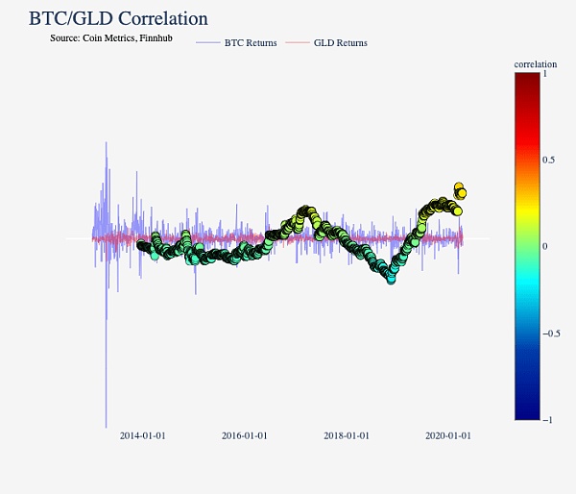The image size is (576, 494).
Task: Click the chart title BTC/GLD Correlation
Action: tap(118, 18)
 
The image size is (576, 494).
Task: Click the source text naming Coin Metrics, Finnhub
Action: tap(110, 37)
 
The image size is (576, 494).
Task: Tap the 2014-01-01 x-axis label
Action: tap(142, 435)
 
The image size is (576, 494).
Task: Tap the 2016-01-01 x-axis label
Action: tap(244, 435)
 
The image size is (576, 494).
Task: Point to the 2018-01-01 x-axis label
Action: tap(346, 435)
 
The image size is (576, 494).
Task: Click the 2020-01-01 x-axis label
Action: tap(447, 435)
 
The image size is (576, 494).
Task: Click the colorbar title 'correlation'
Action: tap(535, 64)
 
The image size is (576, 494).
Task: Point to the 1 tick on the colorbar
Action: tap(545, 73)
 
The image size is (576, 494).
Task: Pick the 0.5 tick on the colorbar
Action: tap(549, 160)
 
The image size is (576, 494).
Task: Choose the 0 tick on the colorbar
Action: tap(545, 246)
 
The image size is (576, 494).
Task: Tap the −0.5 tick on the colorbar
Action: tap(552, 333)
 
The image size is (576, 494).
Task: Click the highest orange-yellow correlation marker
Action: tap(460, 187)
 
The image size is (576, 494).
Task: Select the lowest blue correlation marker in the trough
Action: tap(391, 279)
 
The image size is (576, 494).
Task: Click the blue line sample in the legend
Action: tap(207, 42)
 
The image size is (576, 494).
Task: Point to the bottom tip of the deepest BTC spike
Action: tap(106, 427)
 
